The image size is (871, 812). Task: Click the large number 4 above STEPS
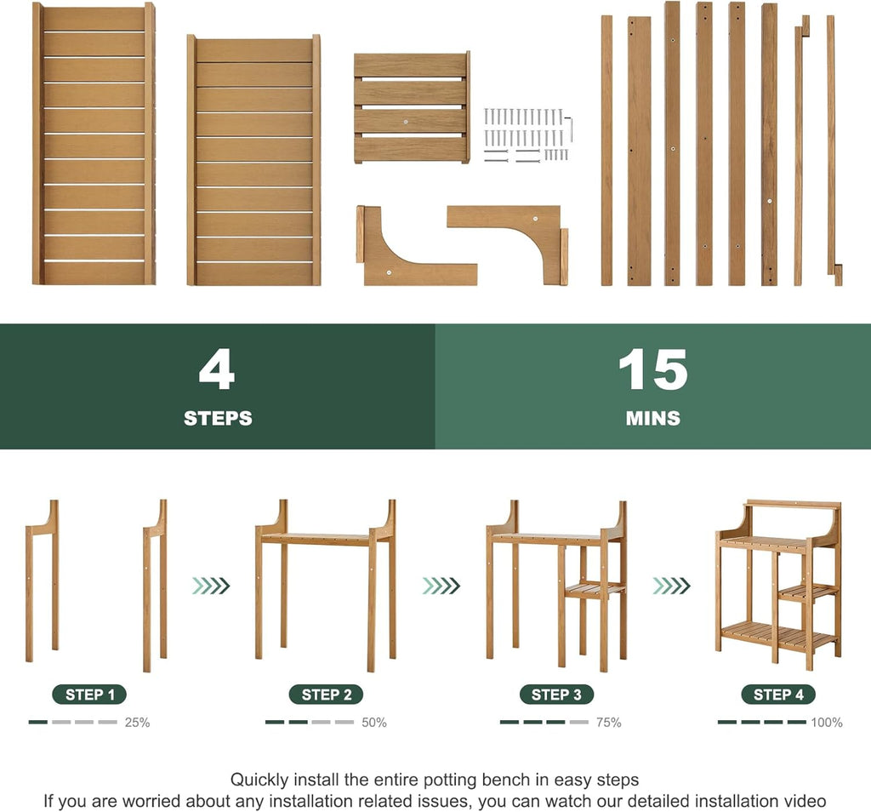click(x=217, y=369)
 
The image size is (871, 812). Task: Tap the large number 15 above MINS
click(x=652, y=369)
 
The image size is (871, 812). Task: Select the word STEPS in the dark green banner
click(x=218, y=418)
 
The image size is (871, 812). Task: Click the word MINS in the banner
click(x=652, y=418)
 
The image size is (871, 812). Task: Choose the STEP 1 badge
click(x=89, y=695)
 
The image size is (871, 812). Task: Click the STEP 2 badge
click(x=326, y=695)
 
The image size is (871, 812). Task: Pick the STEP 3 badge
click(x=556, y=695)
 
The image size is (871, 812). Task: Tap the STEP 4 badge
click(x=778, y=695)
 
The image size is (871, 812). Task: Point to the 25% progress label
click(x=137, y=723)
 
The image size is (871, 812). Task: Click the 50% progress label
click(x=374, y=723)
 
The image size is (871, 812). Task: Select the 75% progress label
click(x=608, y=723)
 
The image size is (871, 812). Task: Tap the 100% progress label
click(x=827, y=723)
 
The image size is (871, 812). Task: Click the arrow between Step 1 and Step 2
click(x=211, y=586)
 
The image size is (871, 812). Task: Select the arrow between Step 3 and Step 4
click(x=671, y=586)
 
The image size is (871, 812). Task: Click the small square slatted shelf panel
click(x=413, y=108)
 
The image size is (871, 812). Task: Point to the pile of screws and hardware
click(x=527, y=135)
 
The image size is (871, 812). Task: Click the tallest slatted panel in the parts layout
click(x=94, y=143)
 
